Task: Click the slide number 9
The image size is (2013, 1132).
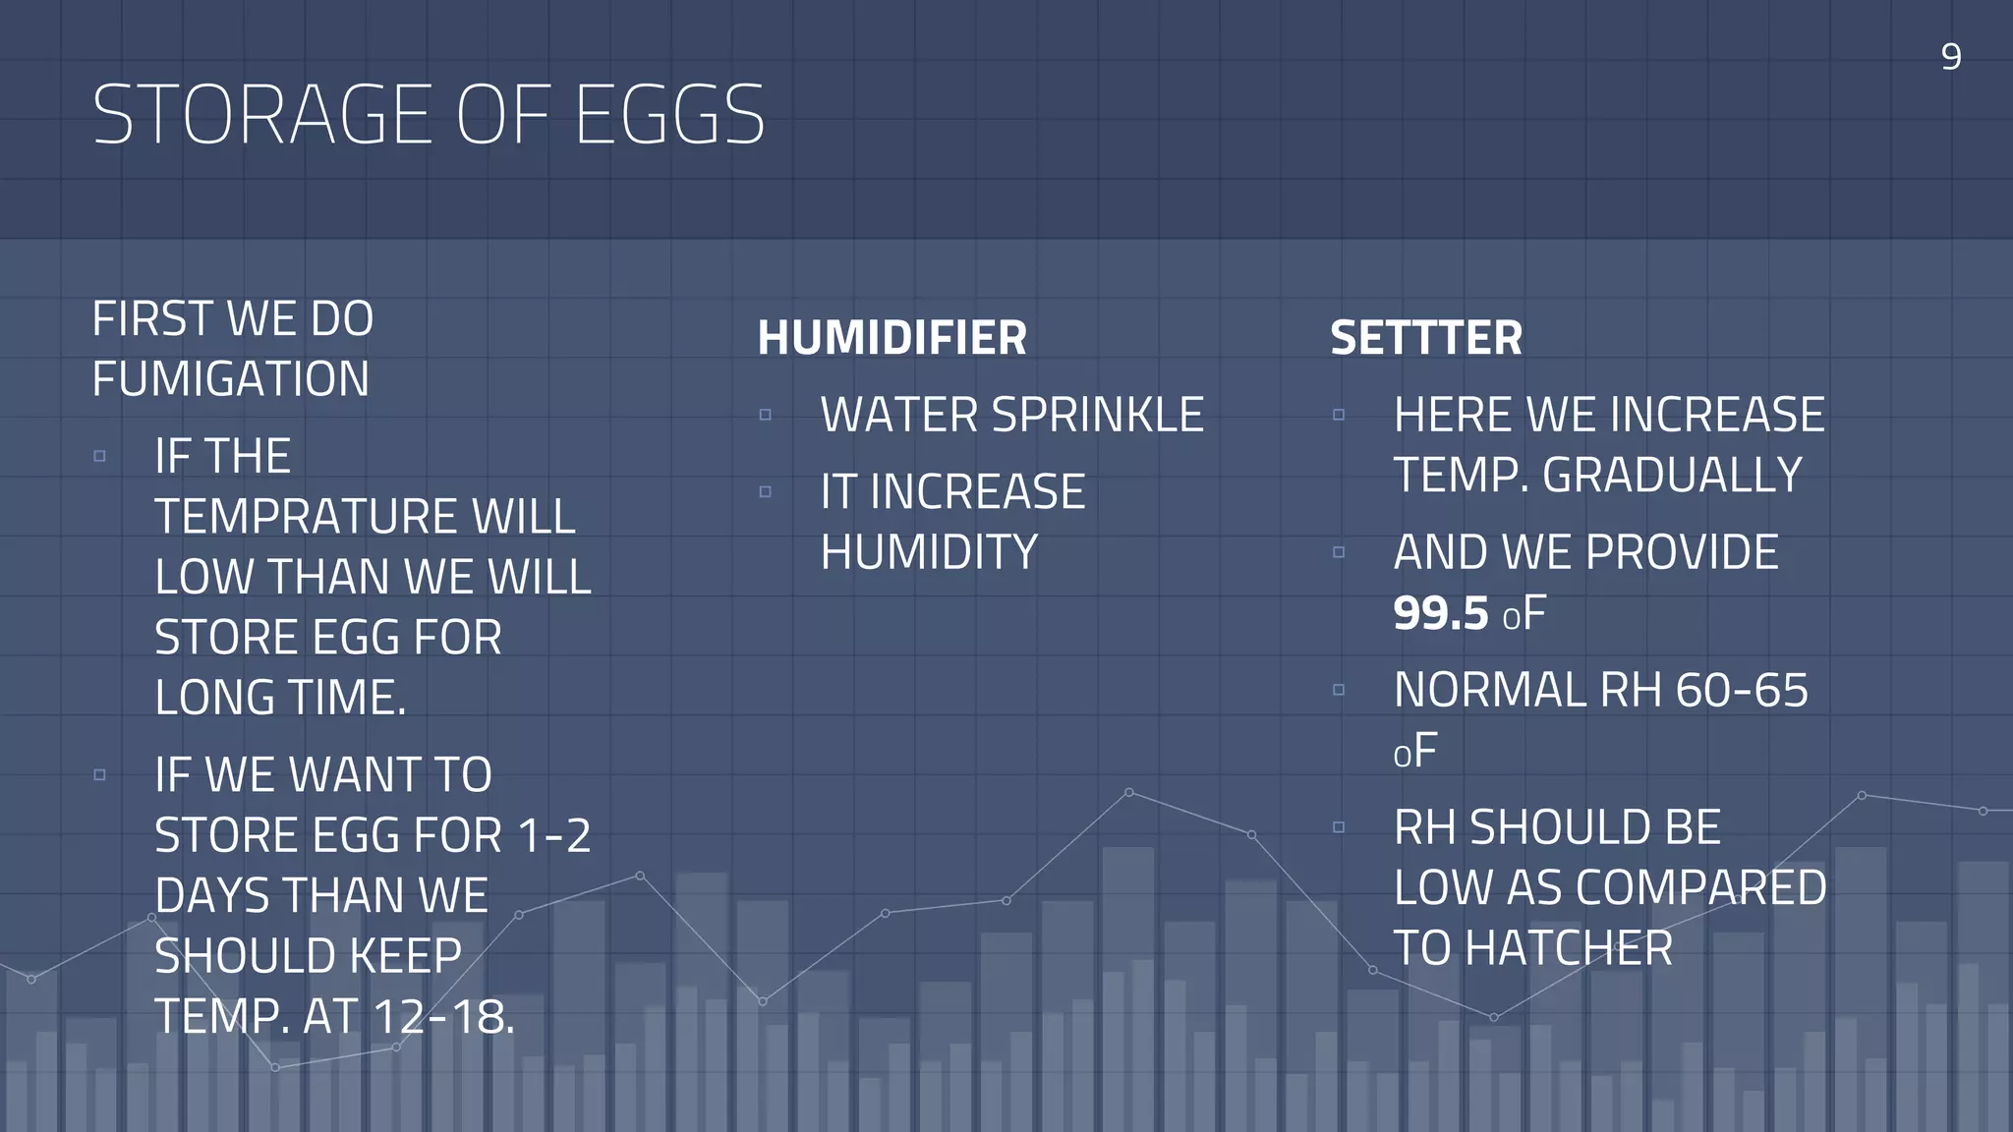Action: pyautogui.click(x=1951, y=57)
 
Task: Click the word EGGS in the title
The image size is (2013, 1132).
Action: pyautogui.click(x=669, y=115)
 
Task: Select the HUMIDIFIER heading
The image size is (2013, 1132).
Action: pyautogui.click(x=891, y=338)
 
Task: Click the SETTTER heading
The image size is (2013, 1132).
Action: pyautogui.click(x=1426, y=338)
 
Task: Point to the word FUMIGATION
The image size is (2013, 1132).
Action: pyautogui.click(x=231, y=379)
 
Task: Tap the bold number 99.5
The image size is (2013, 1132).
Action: pyautogui.click(x=1441, y=613)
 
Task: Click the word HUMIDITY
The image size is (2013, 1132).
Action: pyautogui.click(x=929, y=552)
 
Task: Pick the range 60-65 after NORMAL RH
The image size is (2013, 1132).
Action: pyautogui.click(x=1742, y=690)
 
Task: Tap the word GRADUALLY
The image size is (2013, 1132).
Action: pyautogui.click(x=1673, y=476)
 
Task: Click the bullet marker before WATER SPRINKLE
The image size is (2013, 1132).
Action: pyautogui.click(x=766, y=415)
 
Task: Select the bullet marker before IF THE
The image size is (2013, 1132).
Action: pyautogui.click(x=99, y=456)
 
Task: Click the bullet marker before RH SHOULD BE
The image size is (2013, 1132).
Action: pyautogui.click(x=1339, y=827)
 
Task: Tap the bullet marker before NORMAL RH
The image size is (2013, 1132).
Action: pyautogui.click(x=1339, y=690)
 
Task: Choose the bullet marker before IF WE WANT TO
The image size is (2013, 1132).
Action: pyautogui.click(x=99, y=774)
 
